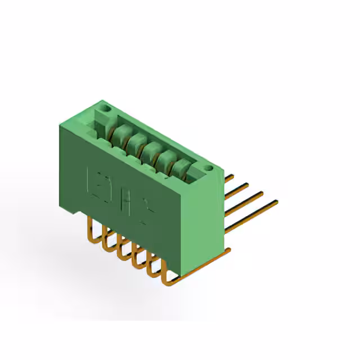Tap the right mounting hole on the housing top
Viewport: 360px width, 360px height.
(x=208, y=168)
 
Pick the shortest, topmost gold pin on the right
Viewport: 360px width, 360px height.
(x=229, y=177)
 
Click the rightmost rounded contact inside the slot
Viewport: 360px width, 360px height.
(x=183, y=167)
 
